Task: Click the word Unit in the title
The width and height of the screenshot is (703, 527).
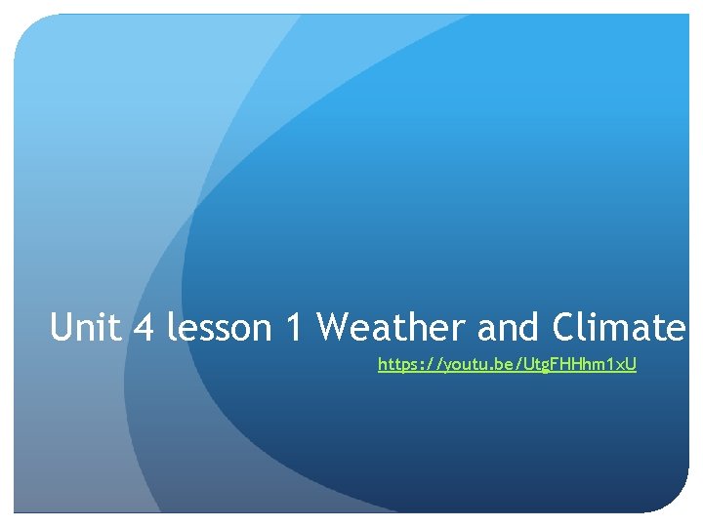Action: click(x=86, y=328)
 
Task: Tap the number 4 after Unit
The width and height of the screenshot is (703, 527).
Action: click(x=144, y=328)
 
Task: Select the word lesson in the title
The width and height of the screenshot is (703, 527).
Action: click(x=220, y=328)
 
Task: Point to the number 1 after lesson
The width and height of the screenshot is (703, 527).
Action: click(x=294, y=328)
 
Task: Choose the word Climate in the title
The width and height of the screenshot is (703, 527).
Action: click(x=619, y=328)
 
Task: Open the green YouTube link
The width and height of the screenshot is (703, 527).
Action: click(x=507, y=365)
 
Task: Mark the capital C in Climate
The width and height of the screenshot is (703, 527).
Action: click(x=565, y=328)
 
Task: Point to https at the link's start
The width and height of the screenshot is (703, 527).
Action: click(x=398, y=365)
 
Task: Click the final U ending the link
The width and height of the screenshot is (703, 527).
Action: click(x=631, y=365)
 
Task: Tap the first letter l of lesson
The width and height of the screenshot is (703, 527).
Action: click(x=171, y=328)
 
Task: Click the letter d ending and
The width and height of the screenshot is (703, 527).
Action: click(x=531, y=328)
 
